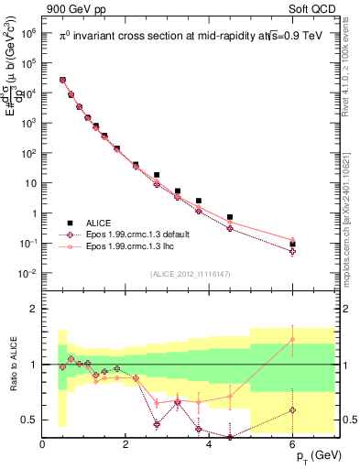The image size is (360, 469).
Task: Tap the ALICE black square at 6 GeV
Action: tap(292, 245)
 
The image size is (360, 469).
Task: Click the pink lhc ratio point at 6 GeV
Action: tap(292, 340)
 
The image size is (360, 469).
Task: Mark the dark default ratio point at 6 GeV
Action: tap(292, 409)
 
